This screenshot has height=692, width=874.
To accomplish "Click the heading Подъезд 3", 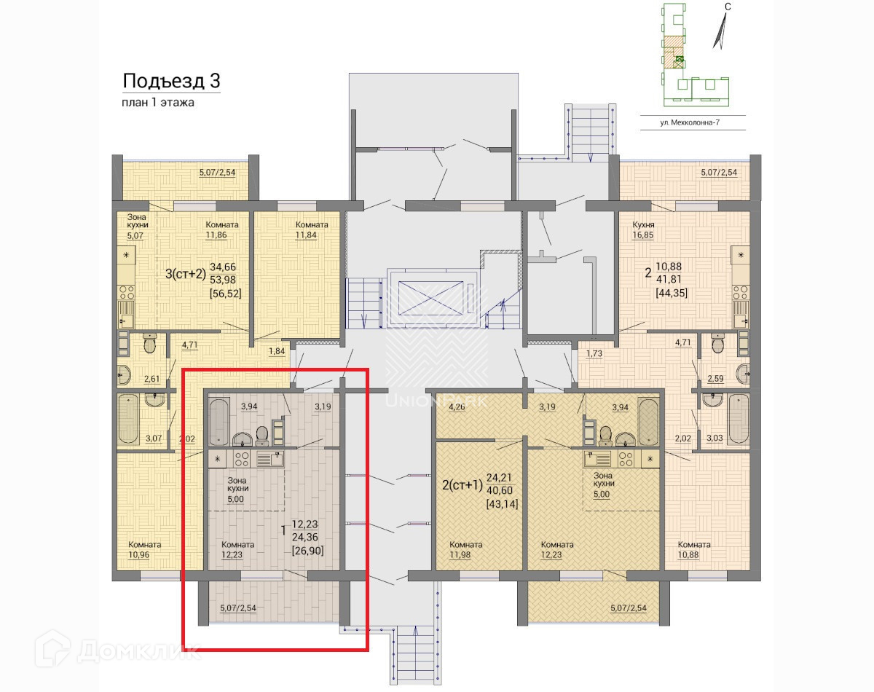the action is pyautogui.click(x=171, y=81).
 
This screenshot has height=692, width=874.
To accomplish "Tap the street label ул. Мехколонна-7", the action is pyautogui.click(x=690, y=122).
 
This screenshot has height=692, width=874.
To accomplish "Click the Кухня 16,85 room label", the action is pyautogui.click(x=643, y=229).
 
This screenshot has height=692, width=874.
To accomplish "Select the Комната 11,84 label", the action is pyautogui.click(x=312, y=229).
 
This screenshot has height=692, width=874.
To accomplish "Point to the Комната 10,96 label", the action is pyautogui.click(x=145, y=549).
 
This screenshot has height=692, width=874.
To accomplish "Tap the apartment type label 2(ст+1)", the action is pyautogui.click(x=462, y=485).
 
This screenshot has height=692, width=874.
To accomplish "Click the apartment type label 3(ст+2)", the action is pyautogui.click(x=186, y=274).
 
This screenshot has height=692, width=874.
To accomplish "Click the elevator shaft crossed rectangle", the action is pyautogui.click(x=430, y=298).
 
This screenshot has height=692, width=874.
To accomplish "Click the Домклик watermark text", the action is pyautogui.click(x=138, y=651).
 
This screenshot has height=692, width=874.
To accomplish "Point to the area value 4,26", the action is pyautogui.click(x=457, y=406).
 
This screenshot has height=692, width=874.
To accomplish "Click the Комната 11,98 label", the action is pyautogui.click(x=466, y=549).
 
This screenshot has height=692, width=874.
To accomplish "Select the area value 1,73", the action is pyautogui.click(x=594, y=353).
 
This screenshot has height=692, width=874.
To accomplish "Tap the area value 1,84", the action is pyautogui.click(x=277, y=351).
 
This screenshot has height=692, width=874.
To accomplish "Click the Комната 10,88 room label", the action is pyautogui.click(x=694, y=549).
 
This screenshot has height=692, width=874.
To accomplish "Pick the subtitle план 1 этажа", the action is pyautogui.click(x=158, y=103).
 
